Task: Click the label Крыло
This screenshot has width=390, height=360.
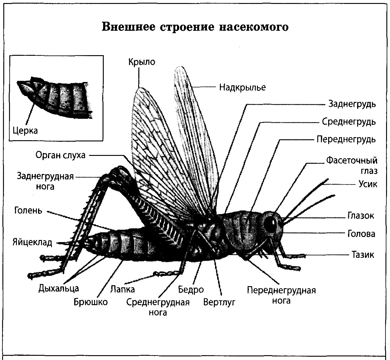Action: [141, 62]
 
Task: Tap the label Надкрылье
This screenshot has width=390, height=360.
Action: [243, 87]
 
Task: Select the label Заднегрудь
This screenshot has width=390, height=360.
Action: [352, 104]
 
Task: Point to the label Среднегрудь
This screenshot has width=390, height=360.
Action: [349, 122]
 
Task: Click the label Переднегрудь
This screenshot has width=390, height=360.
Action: [346, 139]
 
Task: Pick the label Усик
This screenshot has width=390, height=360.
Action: [368, 184]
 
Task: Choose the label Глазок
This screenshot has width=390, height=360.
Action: [361, 216]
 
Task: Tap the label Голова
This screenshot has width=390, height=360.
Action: [361, 234]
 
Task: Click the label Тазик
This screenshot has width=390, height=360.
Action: [363, 255]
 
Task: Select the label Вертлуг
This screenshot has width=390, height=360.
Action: [219, 302]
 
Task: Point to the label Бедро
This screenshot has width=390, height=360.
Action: [191, 290]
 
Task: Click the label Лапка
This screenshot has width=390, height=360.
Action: [122, 289]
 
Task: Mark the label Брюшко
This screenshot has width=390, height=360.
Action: [90, 302]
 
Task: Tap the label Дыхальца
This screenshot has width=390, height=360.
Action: [59, 289]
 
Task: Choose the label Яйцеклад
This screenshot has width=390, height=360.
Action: [32, 242]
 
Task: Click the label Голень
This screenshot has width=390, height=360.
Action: [28, 210]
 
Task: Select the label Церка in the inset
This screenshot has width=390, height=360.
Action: [25, 131]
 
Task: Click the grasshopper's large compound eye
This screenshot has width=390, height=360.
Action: [271, 223]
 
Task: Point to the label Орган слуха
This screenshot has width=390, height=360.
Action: [60, 155]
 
